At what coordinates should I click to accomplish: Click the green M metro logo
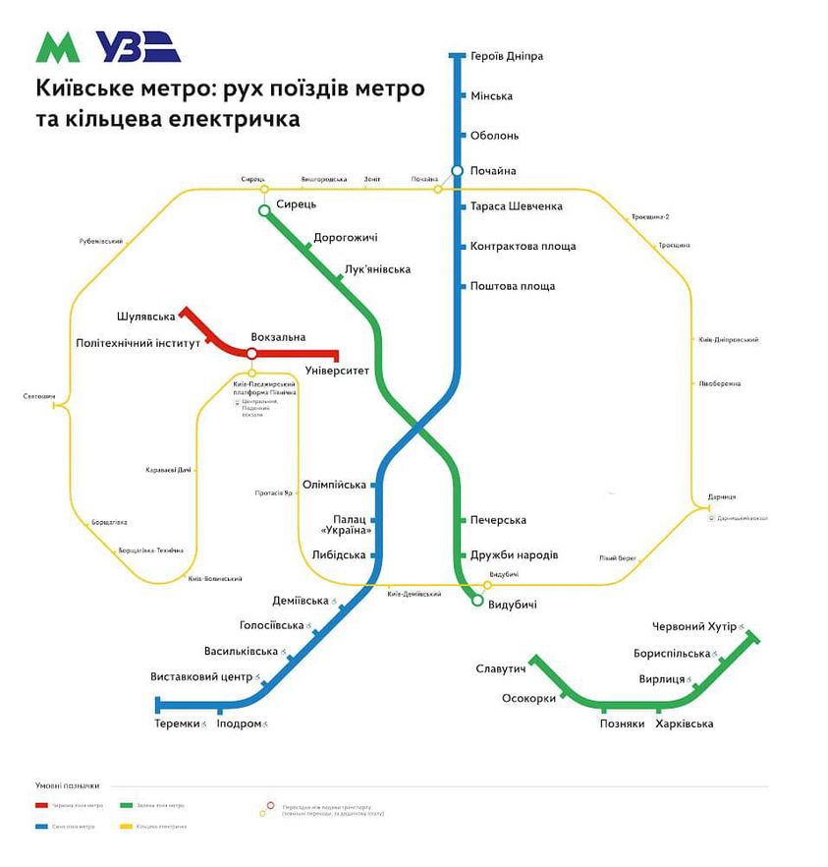(58, 47)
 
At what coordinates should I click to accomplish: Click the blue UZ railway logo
(138, 47)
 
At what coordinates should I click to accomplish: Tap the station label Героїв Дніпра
(507, 57)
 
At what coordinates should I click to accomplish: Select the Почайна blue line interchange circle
(457, 171)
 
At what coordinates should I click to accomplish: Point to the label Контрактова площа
(523, 247)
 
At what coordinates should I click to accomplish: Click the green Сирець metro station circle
(263, 210)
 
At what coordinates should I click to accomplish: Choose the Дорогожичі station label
(345, 238)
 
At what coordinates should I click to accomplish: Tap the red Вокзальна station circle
(251, 354)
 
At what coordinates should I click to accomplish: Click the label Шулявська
(145, 317)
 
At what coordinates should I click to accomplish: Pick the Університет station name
(338, 372)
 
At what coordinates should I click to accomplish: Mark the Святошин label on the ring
(38, 397)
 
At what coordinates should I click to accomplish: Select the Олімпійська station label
(334, 485)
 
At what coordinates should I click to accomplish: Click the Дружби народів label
(515, 555)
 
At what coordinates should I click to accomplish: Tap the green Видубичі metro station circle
(477, 600)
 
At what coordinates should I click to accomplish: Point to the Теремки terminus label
(178, 724)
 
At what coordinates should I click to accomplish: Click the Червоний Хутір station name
(693, 627)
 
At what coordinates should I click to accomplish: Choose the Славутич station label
(501, 669)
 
